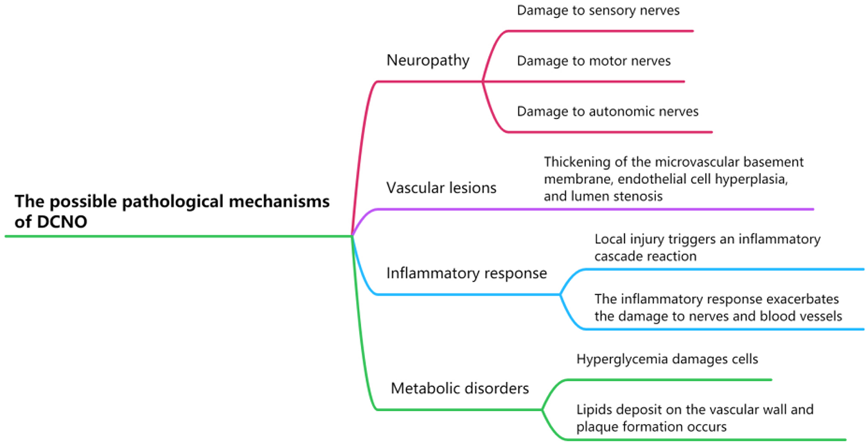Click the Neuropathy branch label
click(x=427, y=60)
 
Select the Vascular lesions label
click(x=441, y=188)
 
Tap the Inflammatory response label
click(x=466, y=273)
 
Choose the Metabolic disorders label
click(x=459, y=388)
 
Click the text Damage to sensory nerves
click(x=598, y=10)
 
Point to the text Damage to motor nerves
click(x=593, y=61)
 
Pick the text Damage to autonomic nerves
click(x=607, y=111)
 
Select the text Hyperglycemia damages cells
click(x=667, y=359)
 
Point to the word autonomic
click(x=623, y=111)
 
